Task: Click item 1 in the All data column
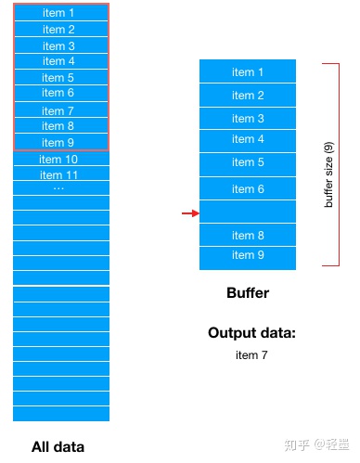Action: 59,13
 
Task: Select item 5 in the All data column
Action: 59,78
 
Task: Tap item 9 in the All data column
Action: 59,142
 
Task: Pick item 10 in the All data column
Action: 59,160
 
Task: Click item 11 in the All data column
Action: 59,174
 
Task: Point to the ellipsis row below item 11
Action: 59,188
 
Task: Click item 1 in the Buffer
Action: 248,72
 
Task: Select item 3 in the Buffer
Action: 248,119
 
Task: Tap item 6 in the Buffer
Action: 248,189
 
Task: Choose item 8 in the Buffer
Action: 248,236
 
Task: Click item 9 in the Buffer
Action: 248,255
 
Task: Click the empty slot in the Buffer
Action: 248,212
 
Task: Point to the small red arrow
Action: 189,213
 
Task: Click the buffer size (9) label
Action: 329,174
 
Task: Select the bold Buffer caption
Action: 248,293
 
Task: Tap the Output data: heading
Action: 251,333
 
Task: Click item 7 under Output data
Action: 251,354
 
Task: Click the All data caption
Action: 58,446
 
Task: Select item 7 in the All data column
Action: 59,110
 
